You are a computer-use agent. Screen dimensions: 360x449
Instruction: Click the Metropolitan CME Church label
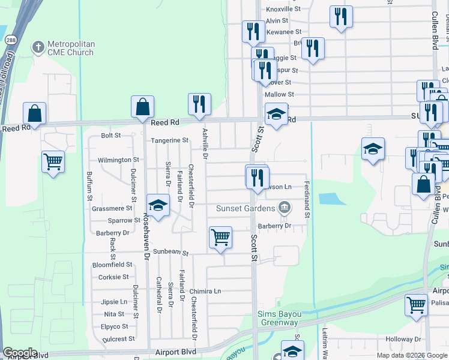coord(71,48)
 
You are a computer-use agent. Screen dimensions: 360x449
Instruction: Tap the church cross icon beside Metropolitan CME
coord(38,47)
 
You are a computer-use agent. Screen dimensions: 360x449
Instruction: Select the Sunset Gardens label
coord(249,209)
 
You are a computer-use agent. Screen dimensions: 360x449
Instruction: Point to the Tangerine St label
coord(169,140)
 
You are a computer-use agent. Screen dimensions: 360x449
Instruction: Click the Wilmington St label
coord(119,160)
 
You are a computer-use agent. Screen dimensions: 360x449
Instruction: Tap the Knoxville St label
coord(283,9)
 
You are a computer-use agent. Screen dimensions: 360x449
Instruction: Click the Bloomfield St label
coord(112,265)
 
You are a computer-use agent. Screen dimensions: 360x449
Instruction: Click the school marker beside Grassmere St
coord(158,205)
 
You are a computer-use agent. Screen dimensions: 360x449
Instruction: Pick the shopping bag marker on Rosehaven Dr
coord(143,107)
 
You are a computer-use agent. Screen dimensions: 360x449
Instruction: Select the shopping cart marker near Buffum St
coord(53,161)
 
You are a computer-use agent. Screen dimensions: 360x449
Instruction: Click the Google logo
coord(20,353)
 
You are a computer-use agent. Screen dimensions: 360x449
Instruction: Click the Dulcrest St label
coord(119,339)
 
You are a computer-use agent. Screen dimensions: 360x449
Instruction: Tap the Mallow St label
coord(279,94)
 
